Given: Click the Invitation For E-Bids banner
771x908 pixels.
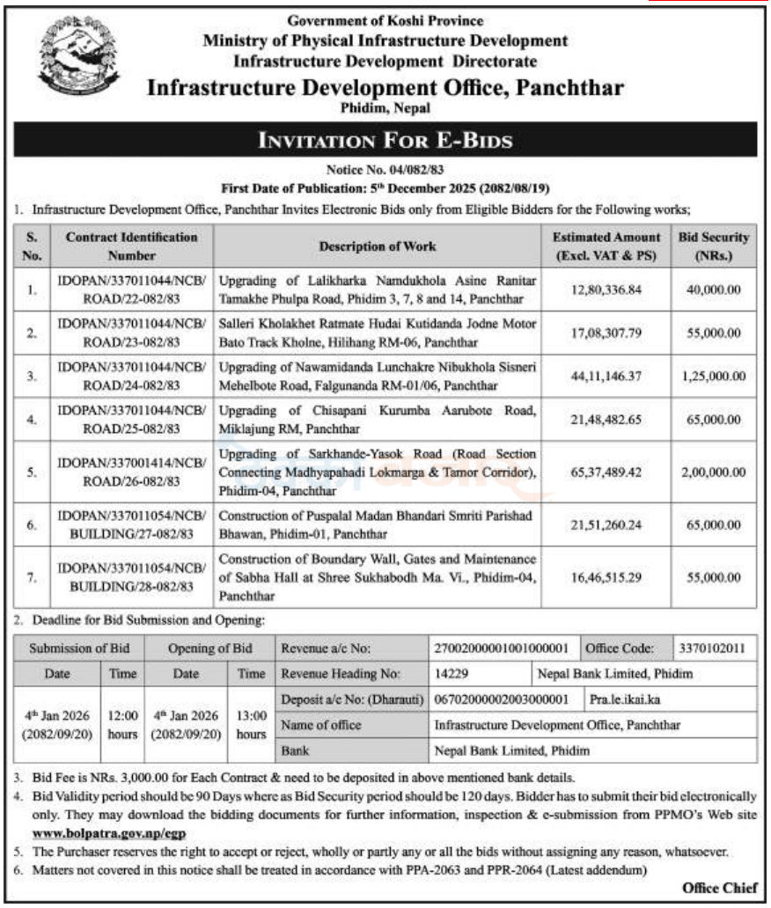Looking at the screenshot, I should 384,140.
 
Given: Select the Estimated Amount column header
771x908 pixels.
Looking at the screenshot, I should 606,245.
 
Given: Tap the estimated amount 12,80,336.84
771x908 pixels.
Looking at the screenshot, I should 606,289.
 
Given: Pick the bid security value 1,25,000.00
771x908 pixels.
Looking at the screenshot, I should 713,376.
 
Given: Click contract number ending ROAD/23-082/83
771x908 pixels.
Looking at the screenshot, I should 130,333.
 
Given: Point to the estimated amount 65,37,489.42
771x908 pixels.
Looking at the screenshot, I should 606,472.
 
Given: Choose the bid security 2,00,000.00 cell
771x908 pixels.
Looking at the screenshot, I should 713,472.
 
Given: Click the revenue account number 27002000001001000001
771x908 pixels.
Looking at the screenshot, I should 502,648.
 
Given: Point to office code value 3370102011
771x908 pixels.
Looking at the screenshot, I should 713,648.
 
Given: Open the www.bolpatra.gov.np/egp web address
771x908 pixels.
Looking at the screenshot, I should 109,831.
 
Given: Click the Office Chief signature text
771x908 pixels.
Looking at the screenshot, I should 719,889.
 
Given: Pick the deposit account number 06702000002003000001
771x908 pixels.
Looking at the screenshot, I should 502,700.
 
